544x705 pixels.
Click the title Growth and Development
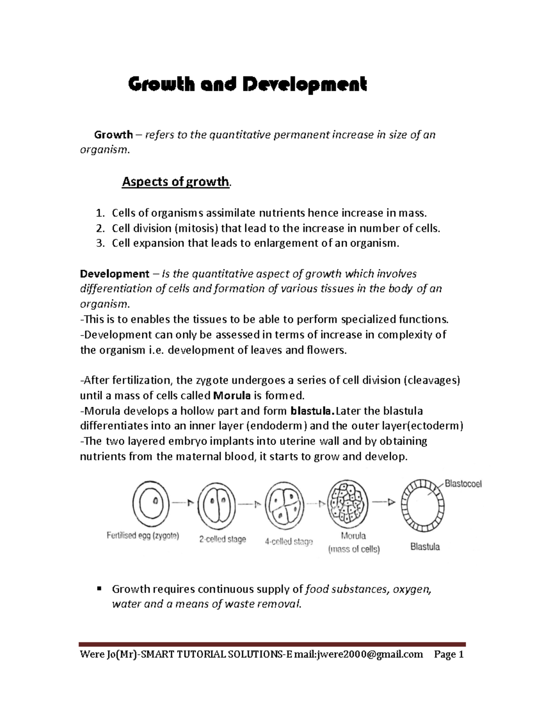(x=248, y=84)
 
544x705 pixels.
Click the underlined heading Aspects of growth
(x=175, y=182)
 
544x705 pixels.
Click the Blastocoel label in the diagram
(x=463, y=484)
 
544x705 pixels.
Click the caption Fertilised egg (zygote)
(x=143, y=536)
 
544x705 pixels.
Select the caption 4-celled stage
(x=289, y=542)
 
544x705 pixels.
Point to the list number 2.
(x=101, y=228)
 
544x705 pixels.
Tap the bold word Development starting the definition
(x=114, y=274)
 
